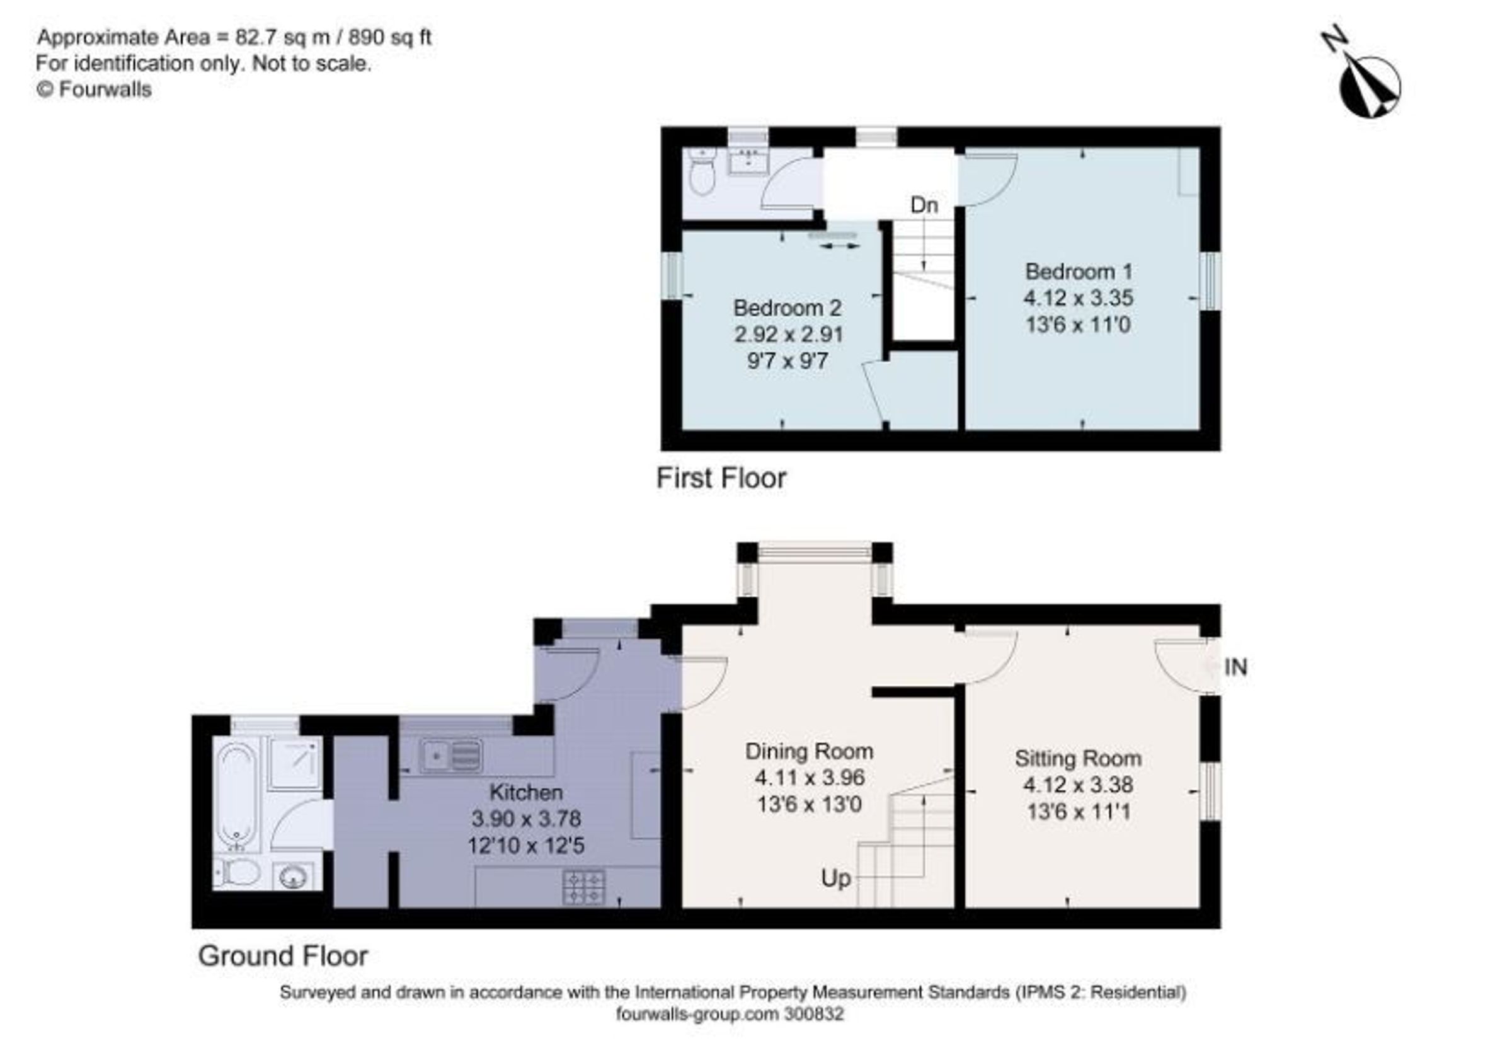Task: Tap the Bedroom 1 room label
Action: click(x=1079, y=272)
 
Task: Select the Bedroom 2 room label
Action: click(x=787, y=308)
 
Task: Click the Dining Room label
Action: click(x=810, y=751)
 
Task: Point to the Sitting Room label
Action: click(x=1078, y=758)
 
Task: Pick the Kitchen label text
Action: click(x=526, y=792)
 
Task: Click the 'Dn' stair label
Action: click(x=924, y=205)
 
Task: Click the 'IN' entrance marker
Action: click(x=1235, y=667)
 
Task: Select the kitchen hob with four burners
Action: click(x=584, y=887)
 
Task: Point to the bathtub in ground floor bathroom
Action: click(x=237, y=797)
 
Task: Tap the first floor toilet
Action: click(x=700, y=171)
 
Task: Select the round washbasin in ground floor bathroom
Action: click(x=294, y=877)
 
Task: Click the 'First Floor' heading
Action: click(x=721, y=478)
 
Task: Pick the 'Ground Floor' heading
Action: click(x=283, y=956)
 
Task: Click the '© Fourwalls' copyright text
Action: click(x=94, y=89)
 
